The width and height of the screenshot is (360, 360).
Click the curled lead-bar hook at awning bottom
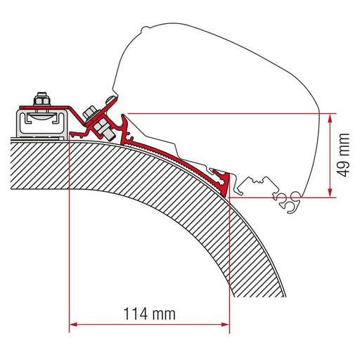pyautogui.click(x=290, y=201)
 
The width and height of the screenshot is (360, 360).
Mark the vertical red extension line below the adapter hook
pyautogui.click(x=229, y=267)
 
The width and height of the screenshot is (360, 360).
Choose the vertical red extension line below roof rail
pyautogui.click(x=70, y=232)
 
